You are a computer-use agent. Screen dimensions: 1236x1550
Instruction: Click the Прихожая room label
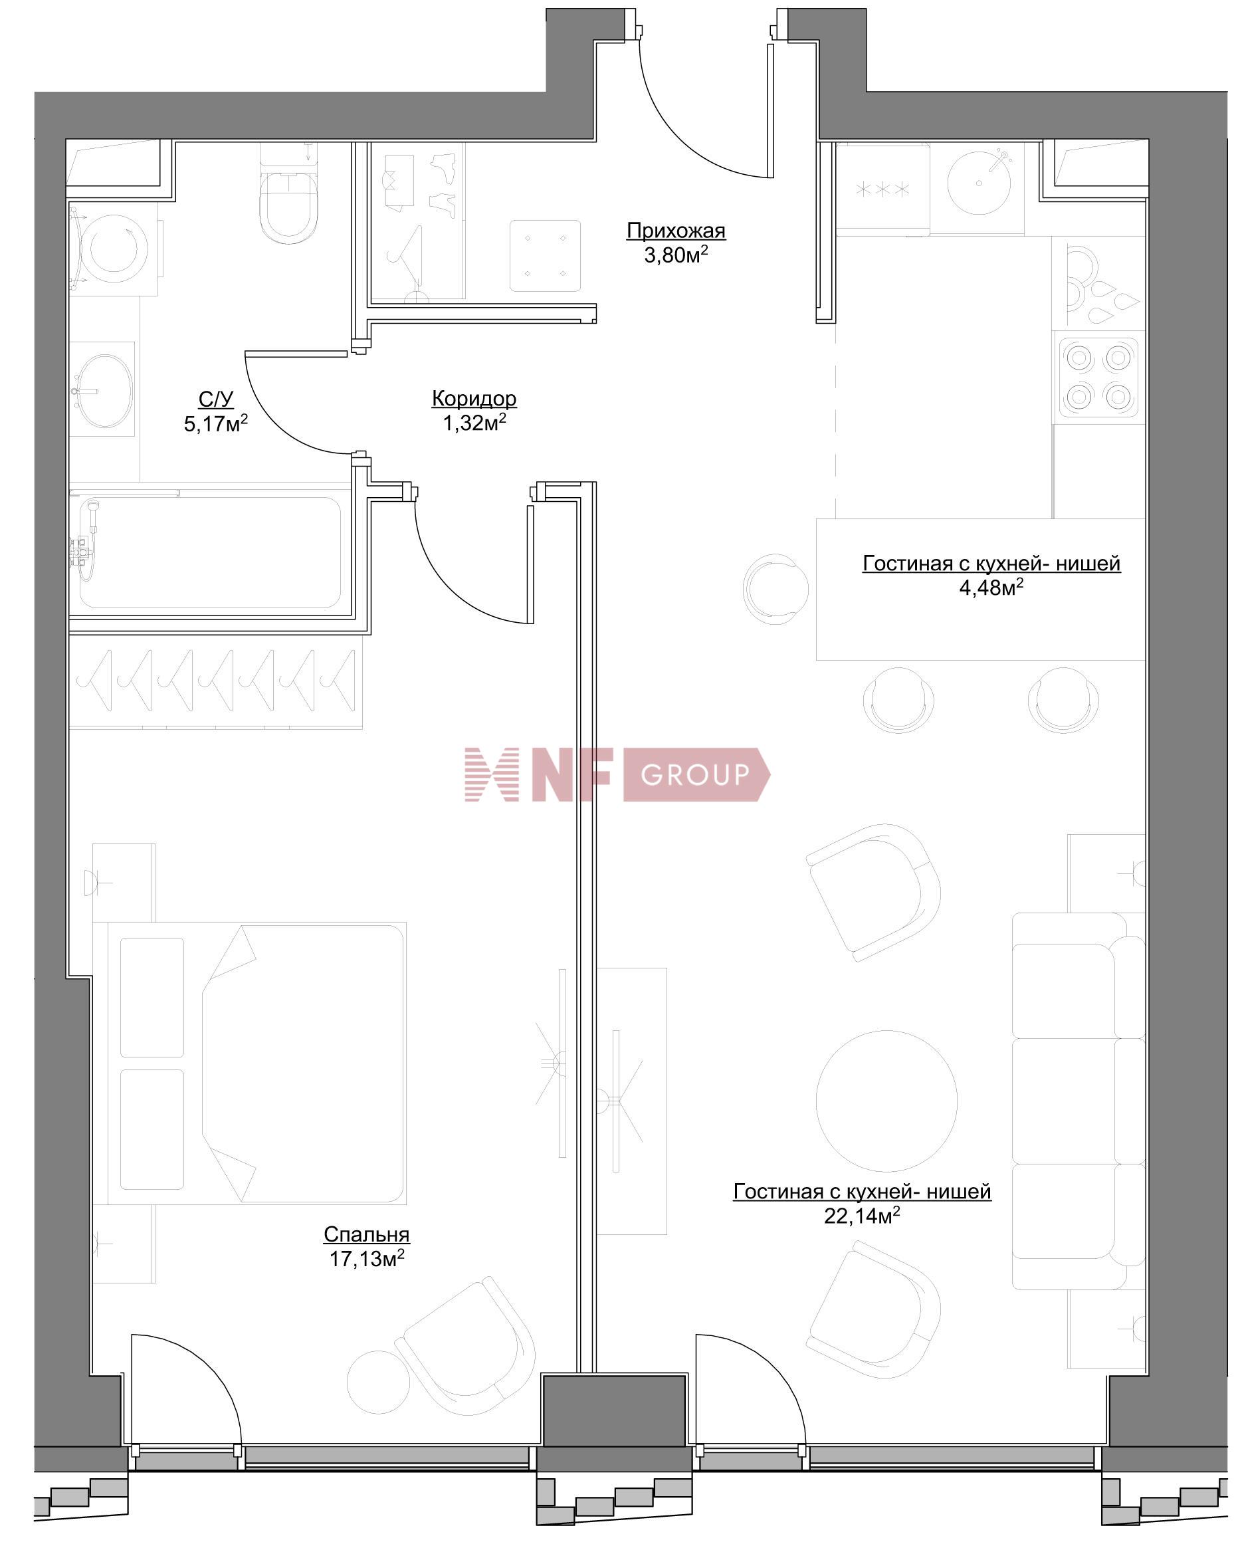tap(676, 231)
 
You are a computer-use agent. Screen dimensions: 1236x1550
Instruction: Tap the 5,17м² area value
tap(215, 423)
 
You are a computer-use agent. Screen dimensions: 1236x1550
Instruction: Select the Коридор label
tap(474, 397)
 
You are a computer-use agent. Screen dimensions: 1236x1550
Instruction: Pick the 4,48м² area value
tap(991, 588)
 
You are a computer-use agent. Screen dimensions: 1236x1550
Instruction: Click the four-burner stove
tap(1097, 378)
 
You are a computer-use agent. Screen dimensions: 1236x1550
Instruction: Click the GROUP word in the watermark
tap(694, 774)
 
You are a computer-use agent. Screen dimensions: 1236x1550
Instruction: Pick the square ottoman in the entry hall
tap(545, 255)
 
